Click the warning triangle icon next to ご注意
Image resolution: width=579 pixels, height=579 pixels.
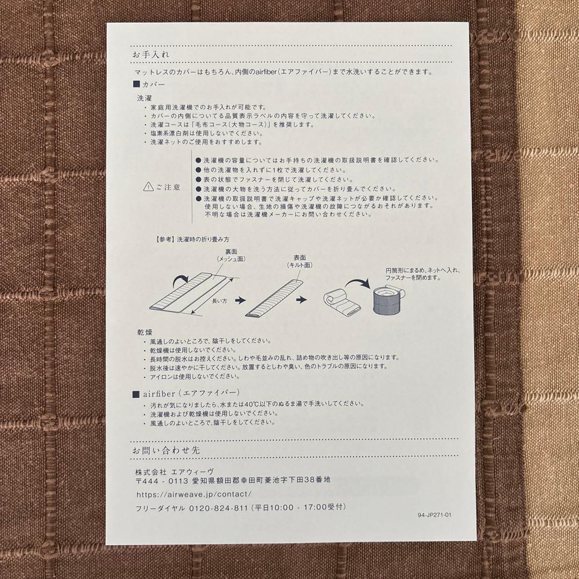[148, 187]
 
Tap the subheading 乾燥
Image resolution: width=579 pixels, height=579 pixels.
[145, 332]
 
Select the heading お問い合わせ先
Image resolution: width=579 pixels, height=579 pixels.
[166, 450]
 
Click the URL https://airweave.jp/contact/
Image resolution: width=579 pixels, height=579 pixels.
[194, 494]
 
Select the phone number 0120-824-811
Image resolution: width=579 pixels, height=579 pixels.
[218, 508]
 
